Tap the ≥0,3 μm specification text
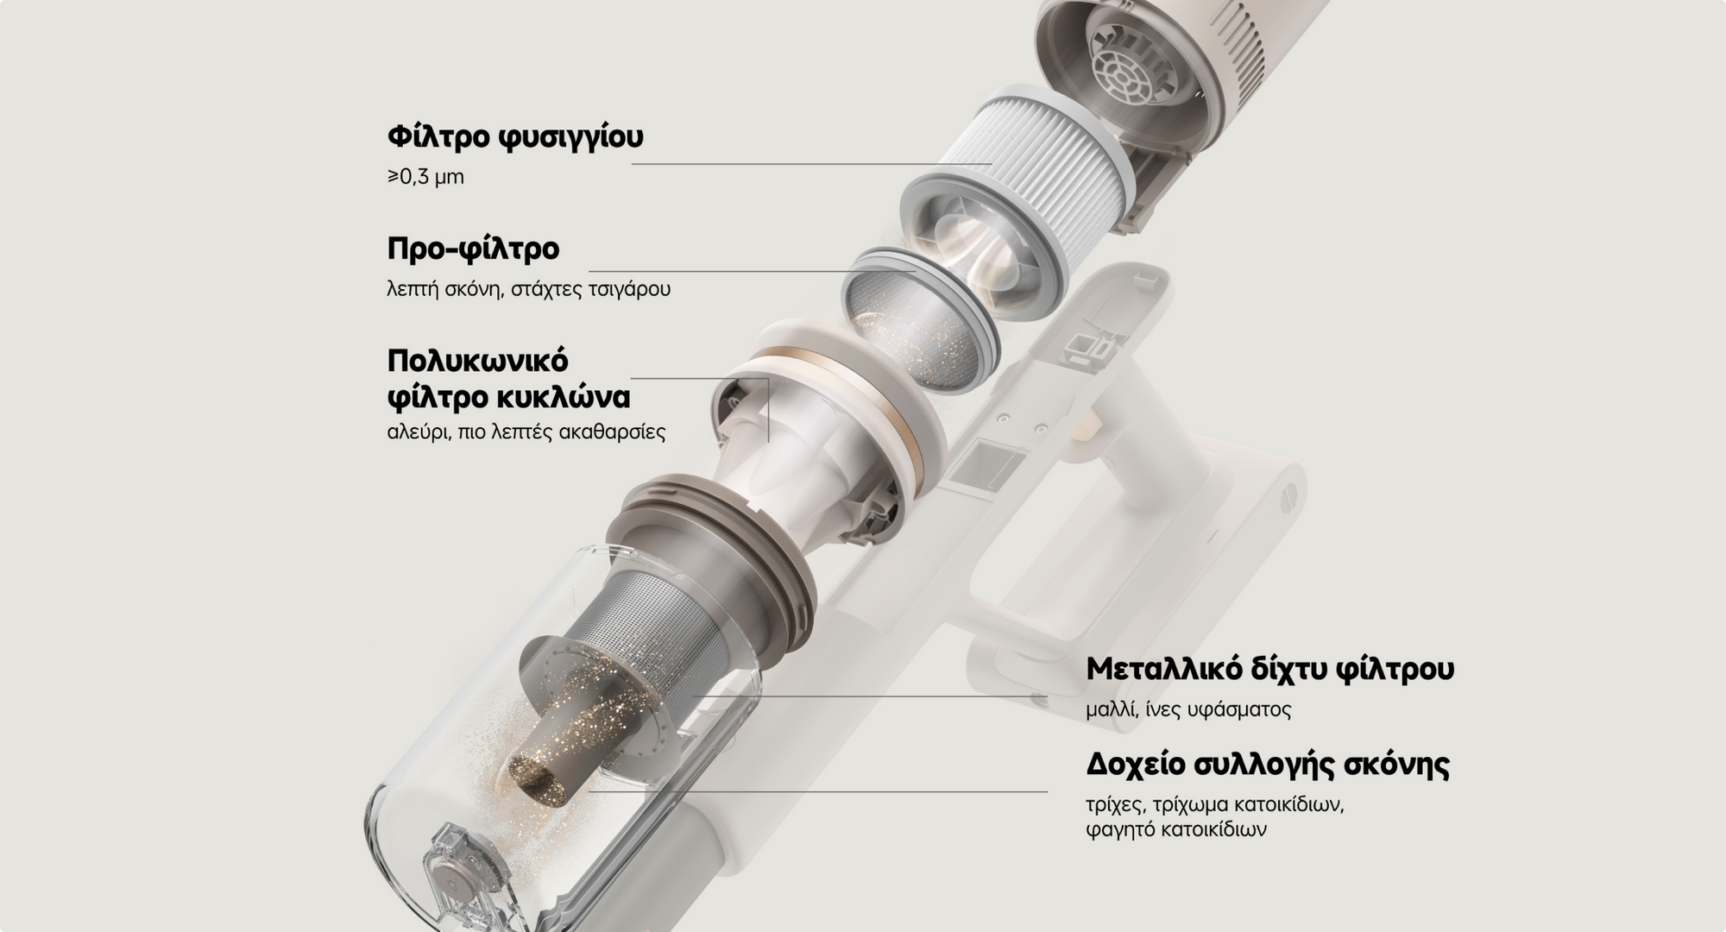(425, 177)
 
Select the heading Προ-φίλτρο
(473, 249)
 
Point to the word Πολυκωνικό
(477, 359)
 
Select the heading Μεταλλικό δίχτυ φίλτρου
(1269, 669)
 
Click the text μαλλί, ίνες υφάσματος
(1188, 710)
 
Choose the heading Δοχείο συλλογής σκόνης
(1267, 765)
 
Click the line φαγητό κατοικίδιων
(1176, 830)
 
